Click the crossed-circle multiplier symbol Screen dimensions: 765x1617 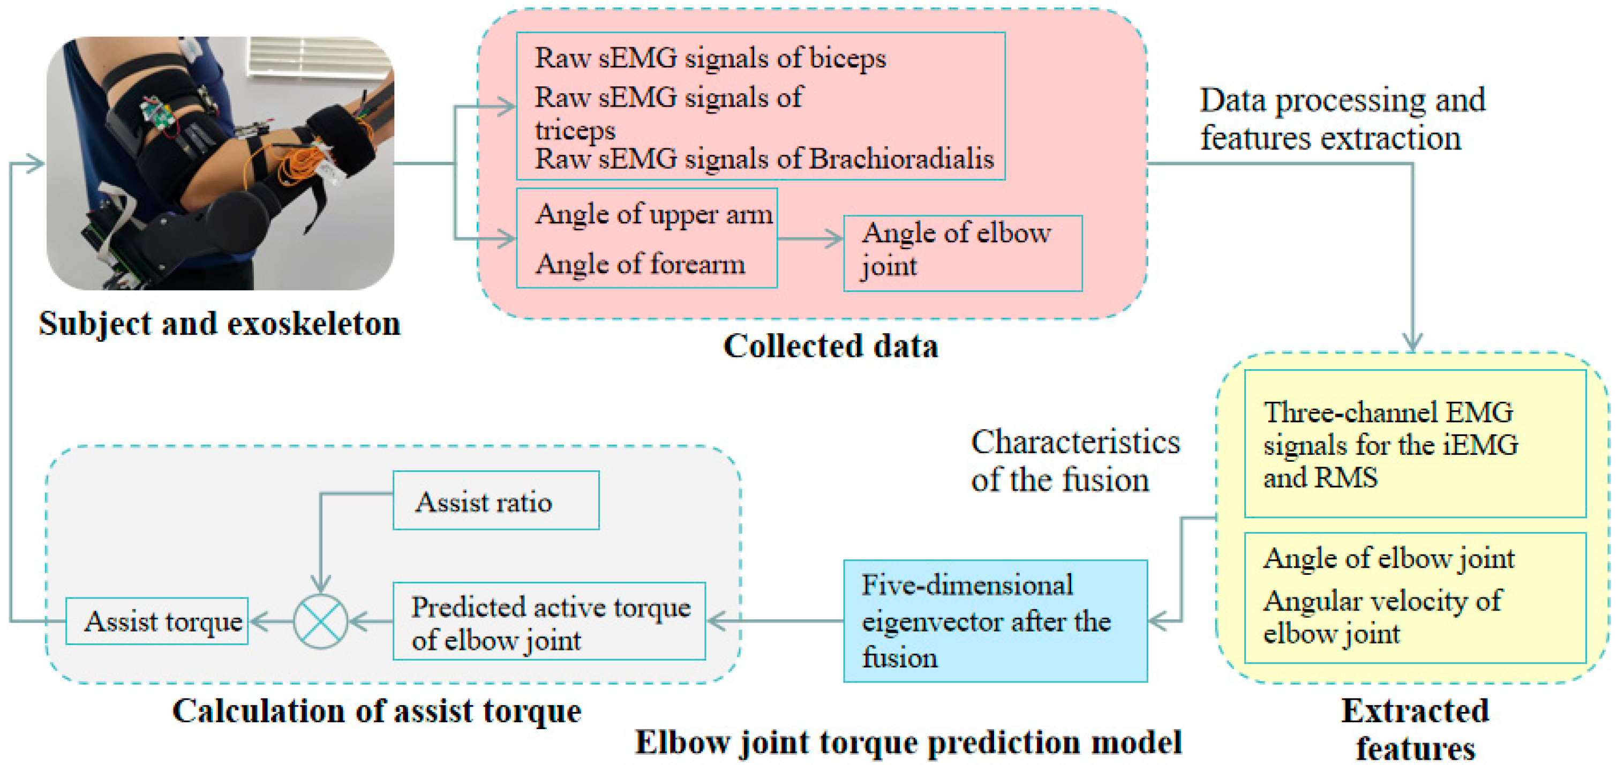coord(320,621)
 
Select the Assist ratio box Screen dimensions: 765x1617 coord(495,500)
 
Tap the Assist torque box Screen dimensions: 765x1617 coord(157,621)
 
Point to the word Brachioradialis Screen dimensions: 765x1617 coord(901,159)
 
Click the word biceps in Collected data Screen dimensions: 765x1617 coord(847,58)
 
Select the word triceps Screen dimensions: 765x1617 coord(575,131)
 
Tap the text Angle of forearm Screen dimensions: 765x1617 coord(640,264)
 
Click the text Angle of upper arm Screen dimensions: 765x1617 coord(653,214)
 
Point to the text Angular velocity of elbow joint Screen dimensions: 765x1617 coord(1381,617)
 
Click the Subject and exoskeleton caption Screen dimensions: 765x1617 coord(220,324)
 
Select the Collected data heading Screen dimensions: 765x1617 coord(831,346)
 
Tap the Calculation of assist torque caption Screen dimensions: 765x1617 coord(377,711)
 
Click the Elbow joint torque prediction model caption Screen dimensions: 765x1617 coord(908,742)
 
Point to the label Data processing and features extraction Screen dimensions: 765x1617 coord(1342,119)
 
